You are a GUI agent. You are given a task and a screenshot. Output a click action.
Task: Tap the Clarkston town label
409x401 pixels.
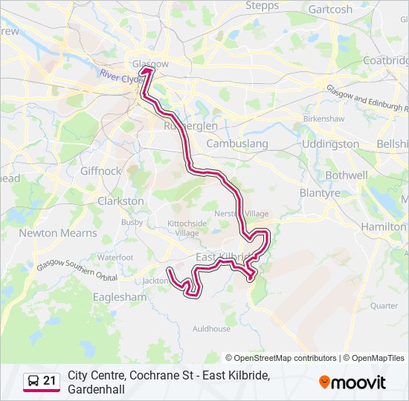pos(120,201)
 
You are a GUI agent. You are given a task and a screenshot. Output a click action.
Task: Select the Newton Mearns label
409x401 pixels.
pos(58,233)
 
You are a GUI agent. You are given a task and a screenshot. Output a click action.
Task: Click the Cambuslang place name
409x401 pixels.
pos(237,143)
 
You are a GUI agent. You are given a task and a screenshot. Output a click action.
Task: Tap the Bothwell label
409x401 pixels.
pos(347,175)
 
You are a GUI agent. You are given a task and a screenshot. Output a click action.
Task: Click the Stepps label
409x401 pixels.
pos(262,6)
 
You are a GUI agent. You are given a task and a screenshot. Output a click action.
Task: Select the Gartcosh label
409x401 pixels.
pos(330,10)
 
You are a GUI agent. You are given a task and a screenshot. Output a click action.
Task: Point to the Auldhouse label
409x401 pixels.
pos(211,328)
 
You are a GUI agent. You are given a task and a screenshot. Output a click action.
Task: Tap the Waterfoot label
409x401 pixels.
pos(115,257)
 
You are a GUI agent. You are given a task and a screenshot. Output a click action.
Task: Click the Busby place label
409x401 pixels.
pos(132,221)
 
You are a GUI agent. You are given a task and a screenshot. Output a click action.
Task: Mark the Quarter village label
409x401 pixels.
pos(384,305)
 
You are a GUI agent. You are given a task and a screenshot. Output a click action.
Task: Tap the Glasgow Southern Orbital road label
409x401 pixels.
pos(68,268)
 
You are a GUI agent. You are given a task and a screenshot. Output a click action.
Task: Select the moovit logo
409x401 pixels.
pos(352,382)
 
